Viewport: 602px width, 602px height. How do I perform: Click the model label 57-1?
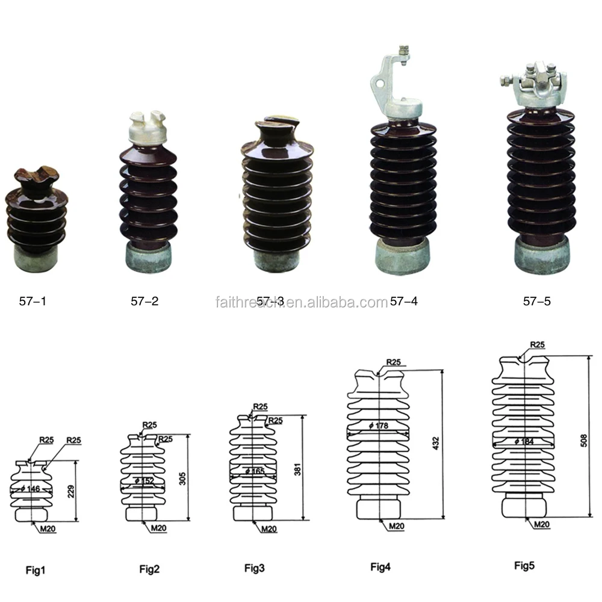(x=33, y=301)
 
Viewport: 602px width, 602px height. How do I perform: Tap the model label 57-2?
(x=144, y=301)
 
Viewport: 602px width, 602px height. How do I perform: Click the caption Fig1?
(x=36, y=569)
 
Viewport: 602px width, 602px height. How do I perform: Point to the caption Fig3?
(x=255, y=568)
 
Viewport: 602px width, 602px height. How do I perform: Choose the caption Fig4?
(x=380, y=566)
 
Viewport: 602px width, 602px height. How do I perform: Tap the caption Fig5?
(x=524, y=565)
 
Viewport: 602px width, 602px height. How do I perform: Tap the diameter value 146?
(x=32, y=489)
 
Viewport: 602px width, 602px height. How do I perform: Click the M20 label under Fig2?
(x=158, y=528)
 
